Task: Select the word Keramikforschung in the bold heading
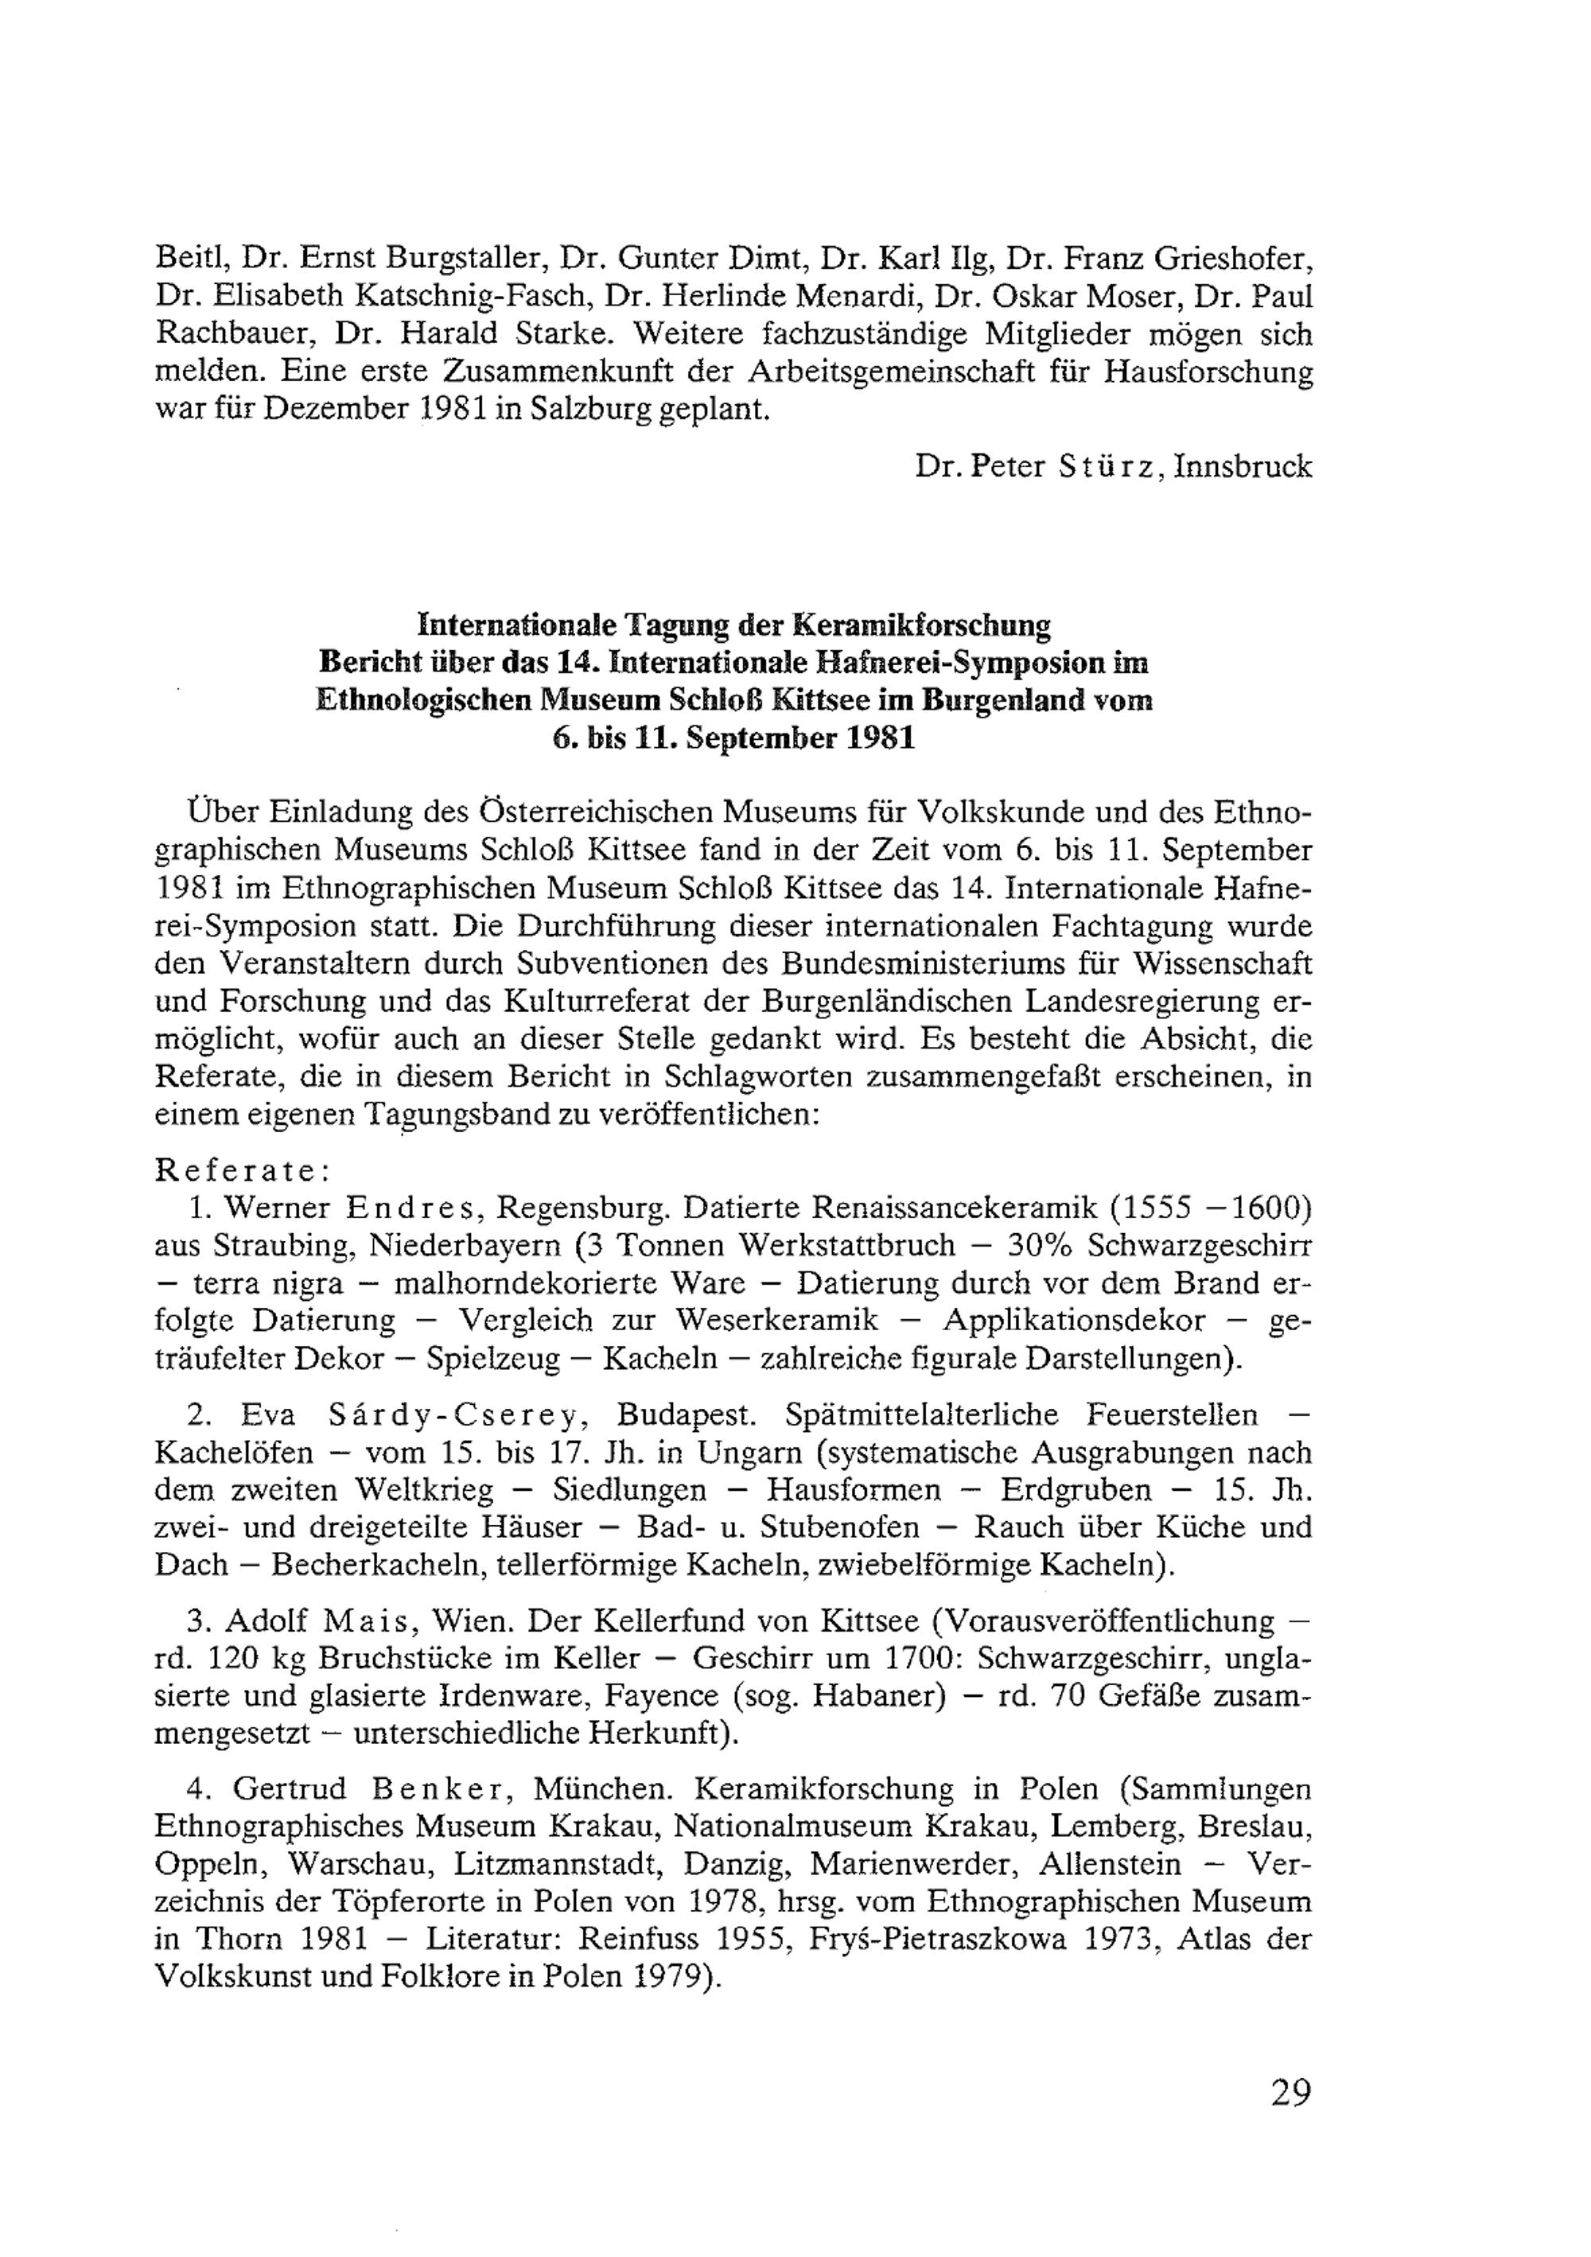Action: click(922, 625)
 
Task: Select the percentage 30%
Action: click(1043, 1246)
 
